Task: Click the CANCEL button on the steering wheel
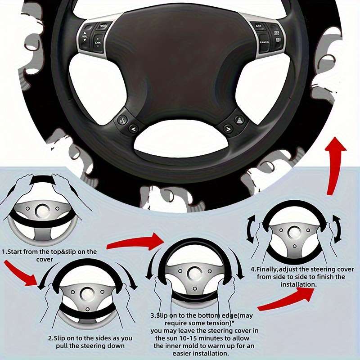(265, 41)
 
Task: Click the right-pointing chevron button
(228, 130)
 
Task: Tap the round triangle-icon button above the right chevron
(238, 119)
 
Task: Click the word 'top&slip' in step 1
(63, 252)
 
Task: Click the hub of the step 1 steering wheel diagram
(43, 209)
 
